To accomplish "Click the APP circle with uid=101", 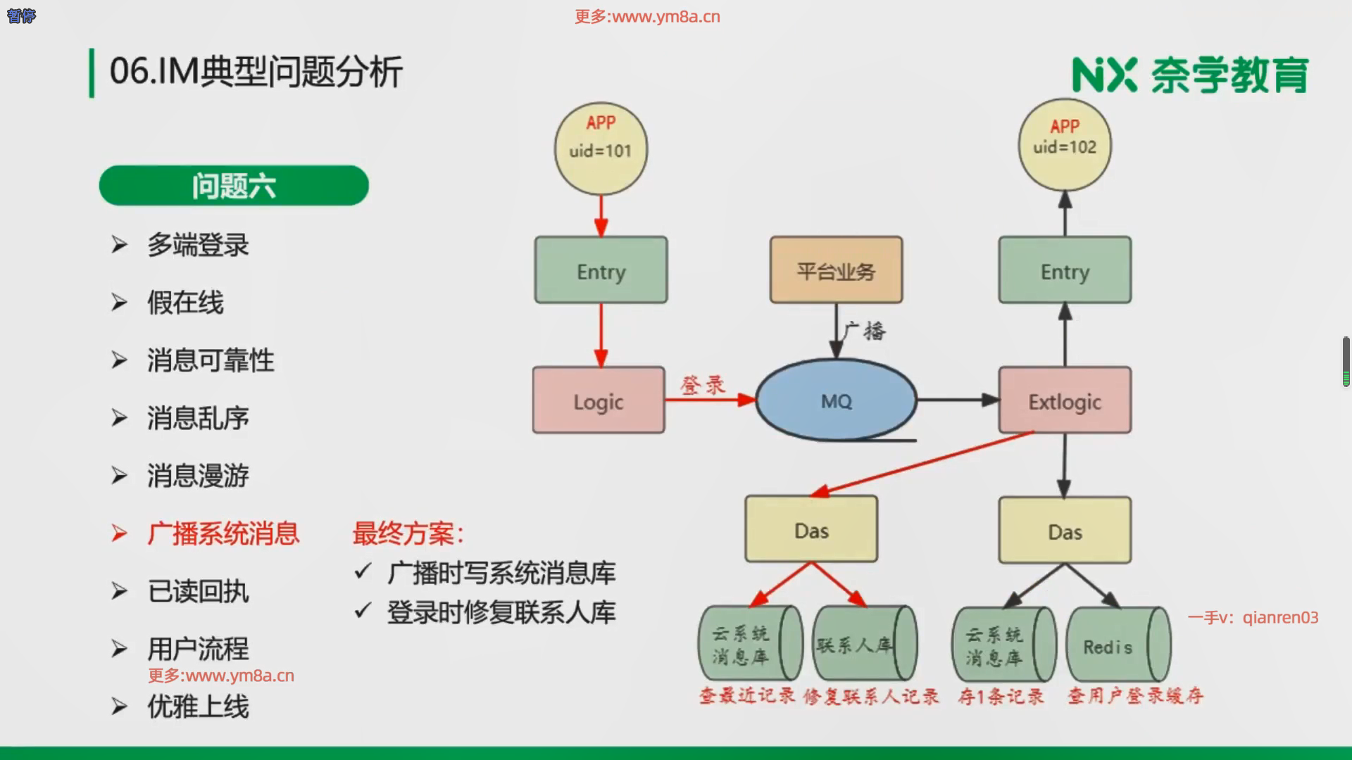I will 601,149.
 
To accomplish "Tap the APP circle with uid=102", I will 1065,145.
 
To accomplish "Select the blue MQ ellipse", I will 836,400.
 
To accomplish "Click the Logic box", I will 599,400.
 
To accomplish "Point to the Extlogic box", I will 1065,400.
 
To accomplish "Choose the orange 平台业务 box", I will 836,270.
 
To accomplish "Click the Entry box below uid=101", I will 601,270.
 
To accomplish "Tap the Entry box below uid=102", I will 1065,270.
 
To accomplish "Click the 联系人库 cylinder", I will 864,644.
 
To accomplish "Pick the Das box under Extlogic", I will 1065,531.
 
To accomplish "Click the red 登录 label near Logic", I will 702,384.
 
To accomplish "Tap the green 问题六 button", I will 234,186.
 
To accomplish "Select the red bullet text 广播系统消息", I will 223,533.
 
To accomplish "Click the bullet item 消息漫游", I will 198,476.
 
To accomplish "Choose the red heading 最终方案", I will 408,533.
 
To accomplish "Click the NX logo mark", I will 1104,75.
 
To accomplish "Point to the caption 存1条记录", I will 1001,697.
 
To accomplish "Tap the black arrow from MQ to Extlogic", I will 958,400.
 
